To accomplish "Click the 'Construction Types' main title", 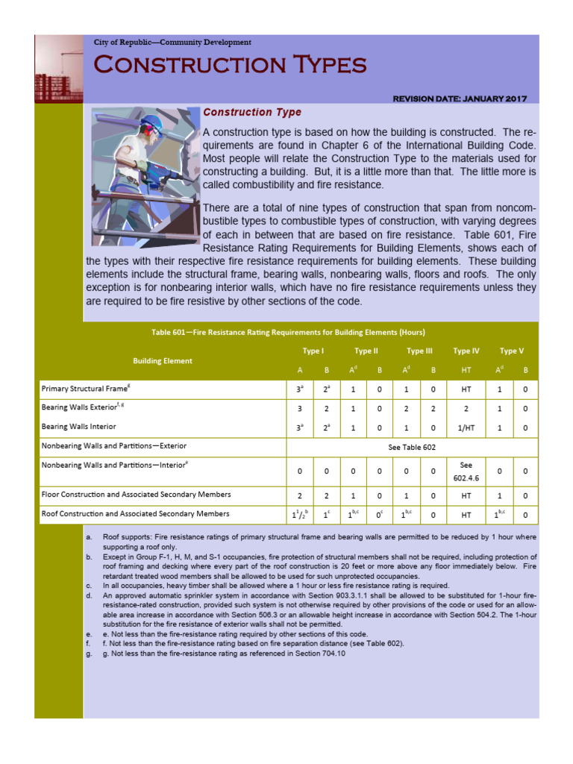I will tap(230, 65).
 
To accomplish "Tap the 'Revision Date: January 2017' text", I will tap(460, 98).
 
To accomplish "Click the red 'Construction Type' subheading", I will tap(252, 113).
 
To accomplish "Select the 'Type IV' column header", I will tap(466, 351).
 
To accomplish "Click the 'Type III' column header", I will tap(419, 351).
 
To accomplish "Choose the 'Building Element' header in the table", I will tap(163, 360).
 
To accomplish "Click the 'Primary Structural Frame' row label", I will tap(88, 389).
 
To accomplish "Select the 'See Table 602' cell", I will tap(412, 446).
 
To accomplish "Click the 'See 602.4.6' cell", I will tap(466, 471).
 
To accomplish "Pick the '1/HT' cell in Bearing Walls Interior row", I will tap(466, 428).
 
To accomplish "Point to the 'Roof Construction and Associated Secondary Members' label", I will tap(136, 513).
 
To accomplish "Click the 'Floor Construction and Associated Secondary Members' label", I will tap(136, 494).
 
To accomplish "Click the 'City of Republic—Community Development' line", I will tap(172, 43).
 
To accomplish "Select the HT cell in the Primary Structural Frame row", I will tap(466, 389).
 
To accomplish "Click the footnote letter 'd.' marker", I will tap(90, 596).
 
